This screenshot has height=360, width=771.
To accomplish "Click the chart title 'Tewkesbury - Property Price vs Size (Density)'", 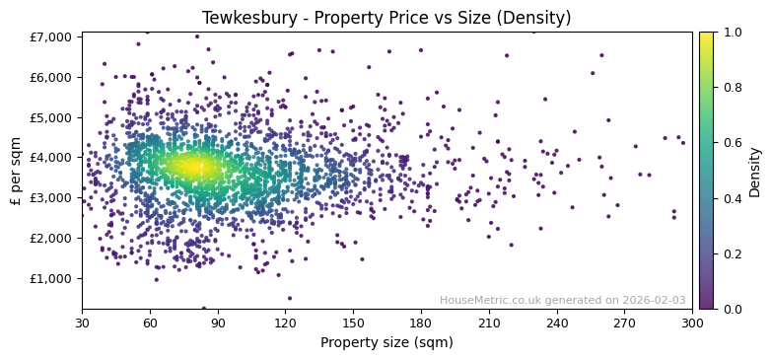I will (x=386, y=18).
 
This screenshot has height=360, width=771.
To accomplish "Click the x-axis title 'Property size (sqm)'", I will (x=386, y=342).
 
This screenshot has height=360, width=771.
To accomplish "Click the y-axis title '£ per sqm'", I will (x=16, y=171).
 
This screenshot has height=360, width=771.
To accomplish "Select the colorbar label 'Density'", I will (x=754, y=171).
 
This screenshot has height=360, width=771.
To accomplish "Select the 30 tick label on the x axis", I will (x=82, y=323).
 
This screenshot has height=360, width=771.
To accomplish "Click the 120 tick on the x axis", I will (x=285, y=323).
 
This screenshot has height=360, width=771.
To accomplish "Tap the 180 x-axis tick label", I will (x=421, y=323).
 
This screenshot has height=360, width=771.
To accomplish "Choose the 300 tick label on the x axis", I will (x=692, y=323).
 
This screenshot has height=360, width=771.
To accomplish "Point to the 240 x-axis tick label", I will (x=557, y=323).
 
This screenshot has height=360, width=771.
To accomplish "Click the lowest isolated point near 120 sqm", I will (x=290, y=298).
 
